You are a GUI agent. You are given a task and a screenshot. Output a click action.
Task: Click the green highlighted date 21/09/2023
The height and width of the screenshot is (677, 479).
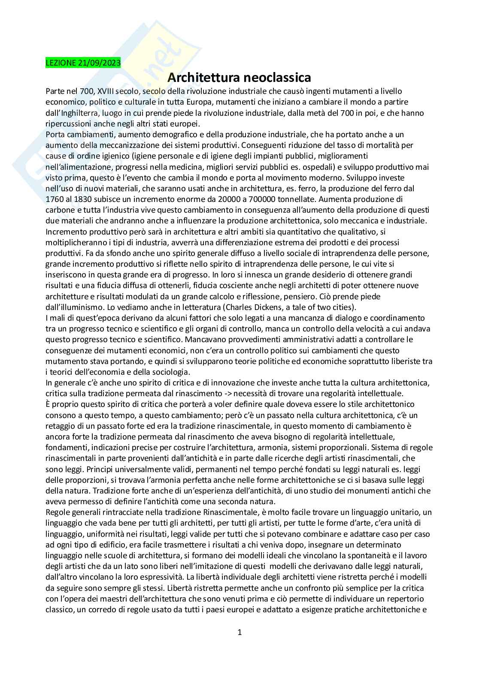tap(100, 63)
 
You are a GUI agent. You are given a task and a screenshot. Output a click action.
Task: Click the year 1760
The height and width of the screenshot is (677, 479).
tap(54, 199)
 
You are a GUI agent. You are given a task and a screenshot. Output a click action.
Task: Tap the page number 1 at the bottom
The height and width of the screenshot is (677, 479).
tap(240, 632)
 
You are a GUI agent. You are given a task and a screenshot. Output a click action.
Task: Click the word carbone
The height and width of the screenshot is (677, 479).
tap(58, 210)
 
